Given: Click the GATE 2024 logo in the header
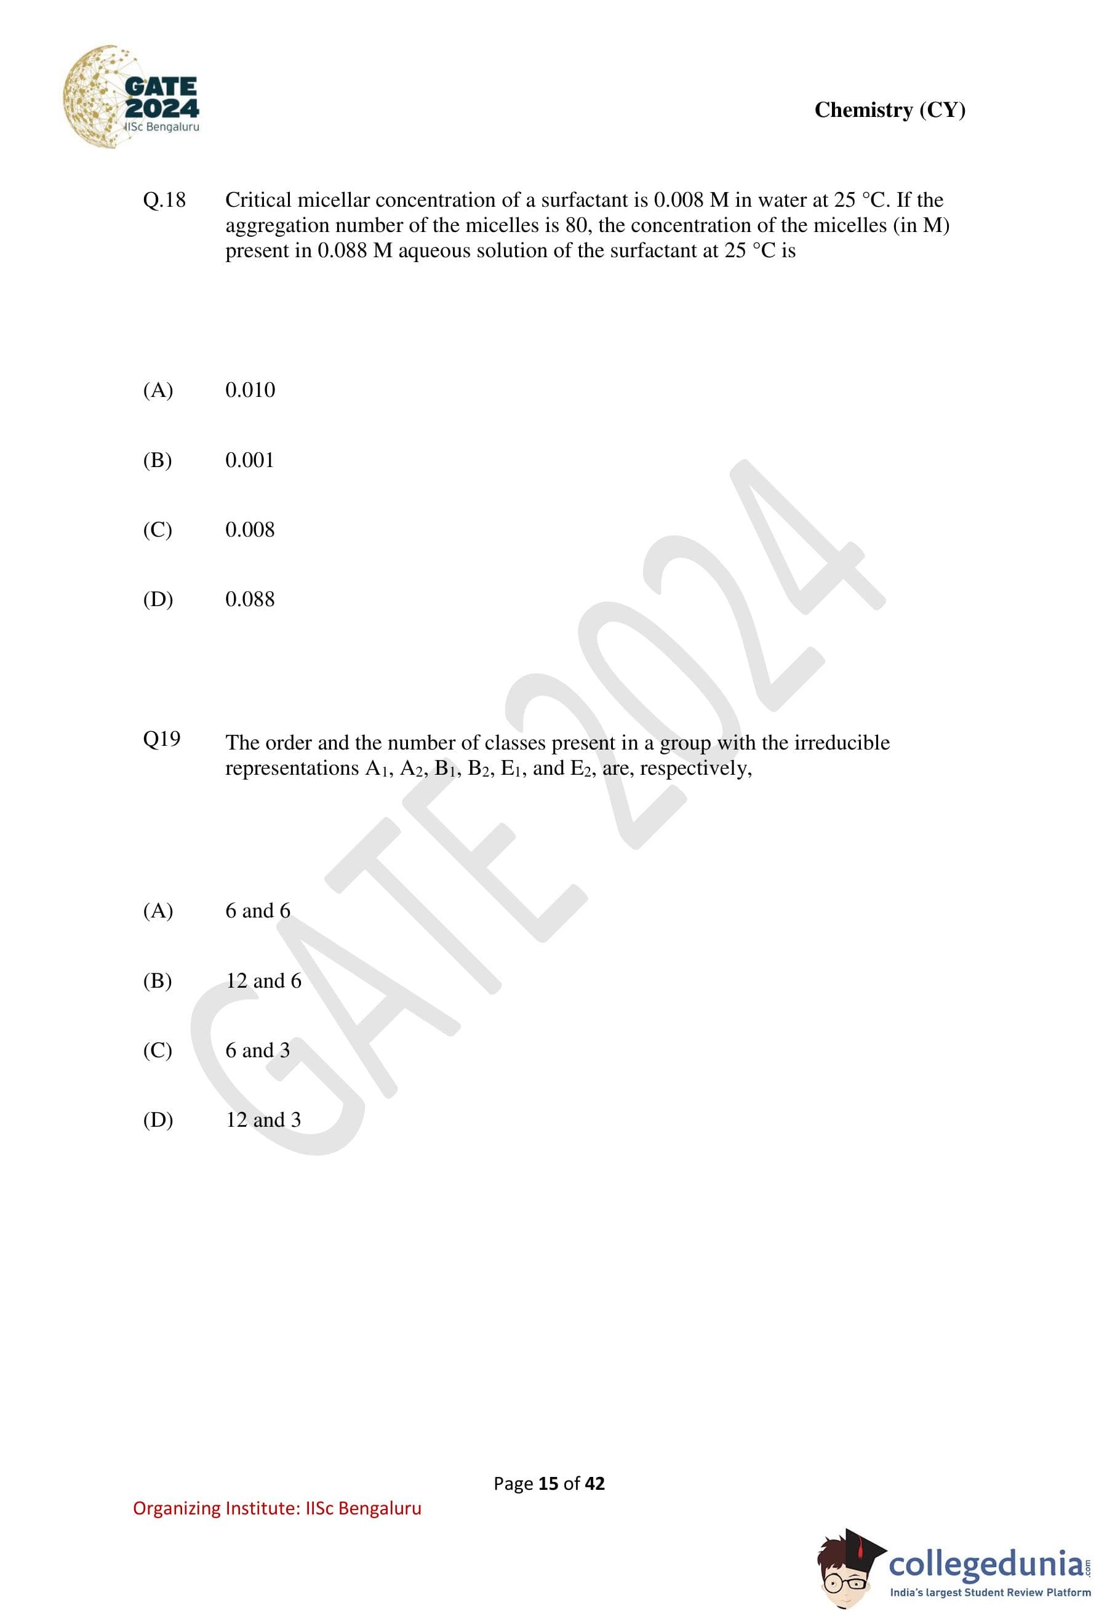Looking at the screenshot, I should tap(132, 97).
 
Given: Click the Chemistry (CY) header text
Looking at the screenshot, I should tap(889, 110).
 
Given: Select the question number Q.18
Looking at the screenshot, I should tap(164, 200).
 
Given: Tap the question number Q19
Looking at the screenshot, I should tap(161, 738).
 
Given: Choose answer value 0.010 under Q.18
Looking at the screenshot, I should tap(250, 390).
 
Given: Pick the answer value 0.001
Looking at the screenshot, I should tap(250, 460).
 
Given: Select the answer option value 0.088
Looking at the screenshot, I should tap(250, 599).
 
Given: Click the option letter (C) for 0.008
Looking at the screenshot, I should tap(158, 530).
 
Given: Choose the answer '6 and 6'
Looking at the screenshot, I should tap(257, 911).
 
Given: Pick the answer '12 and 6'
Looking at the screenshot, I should tap(263, 981).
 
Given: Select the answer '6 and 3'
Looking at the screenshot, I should tap(257, 1050).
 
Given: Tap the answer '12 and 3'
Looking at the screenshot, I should tap(263, 1119).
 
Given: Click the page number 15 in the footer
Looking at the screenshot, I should tap(548, 1484).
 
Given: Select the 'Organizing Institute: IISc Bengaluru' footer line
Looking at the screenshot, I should tap(277, 1508).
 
